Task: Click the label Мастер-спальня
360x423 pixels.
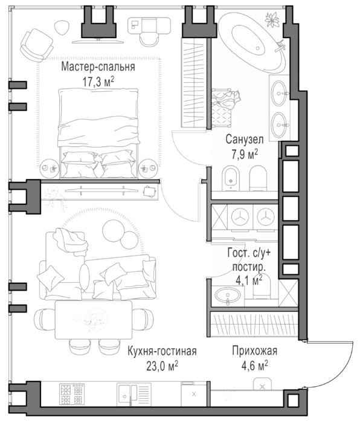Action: coord(98,67)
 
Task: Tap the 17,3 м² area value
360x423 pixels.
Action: coord(98,82)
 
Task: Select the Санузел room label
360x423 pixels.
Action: coord(245,140)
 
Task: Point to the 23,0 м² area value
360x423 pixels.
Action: coord(162,366)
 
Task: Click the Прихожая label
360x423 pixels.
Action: coord(255,351)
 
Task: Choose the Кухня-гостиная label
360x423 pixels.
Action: coord(162,351)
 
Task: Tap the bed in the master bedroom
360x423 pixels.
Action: coord(98,133)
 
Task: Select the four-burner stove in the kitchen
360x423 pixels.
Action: coord(71,394)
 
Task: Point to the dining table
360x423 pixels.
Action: coord(94,320)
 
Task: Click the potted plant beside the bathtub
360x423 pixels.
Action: coord(272,20)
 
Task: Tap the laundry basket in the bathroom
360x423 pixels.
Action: coord(223,108)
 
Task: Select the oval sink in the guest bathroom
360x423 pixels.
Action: coord(228,295)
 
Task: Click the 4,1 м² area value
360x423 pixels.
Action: coord(249,280)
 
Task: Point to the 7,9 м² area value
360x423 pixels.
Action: coord(245,155)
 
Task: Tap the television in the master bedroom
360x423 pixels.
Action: coord(98,41)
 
